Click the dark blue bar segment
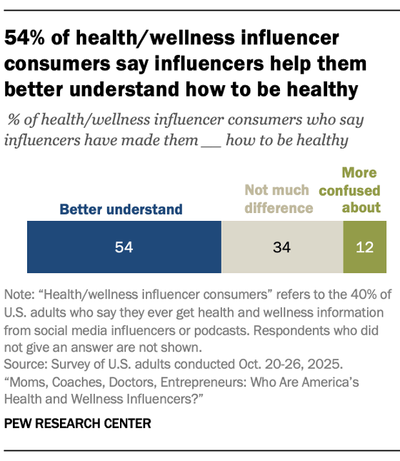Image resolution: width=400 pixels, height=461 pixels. pyautogui.click(x=124, y=247)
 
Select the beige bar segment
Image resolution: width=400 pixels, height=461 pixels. pyautogui.click(x=282, y=247)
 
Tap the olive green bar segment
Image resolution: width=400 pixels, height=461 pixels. pyautogui.click(x=365, y=247)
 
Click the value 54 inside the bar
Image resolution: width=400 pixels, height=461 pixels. pyautogui.click(x=124, y=247)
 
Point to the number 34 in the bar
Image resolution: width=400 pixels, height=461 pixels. pyautogui.click(x=282, y=247)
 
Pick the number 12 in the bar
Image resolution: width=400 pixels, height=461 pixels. pyautogui.click(x=365, y=247)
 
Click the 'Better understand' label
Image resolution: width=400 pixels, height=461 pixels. pyautogui.click(x=121, y=209)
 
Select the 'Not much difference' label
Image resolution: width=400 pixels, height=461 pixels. pyautogui.click(x=279, y=199)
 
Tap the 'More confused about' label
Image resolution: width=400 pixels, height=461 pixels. pyautogui.click(x=350, y=190)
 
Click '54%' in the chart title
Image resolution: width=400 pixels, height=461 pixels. pyautogui.click(x=24, y=38)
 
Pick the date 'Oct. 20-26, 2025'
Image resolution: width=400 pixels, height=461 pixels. pyautogui.click(x=291, y=365)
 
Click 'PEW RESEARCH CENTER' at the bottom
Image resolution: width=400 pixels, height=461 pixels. pyautogui.click(x=78, y=423)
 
